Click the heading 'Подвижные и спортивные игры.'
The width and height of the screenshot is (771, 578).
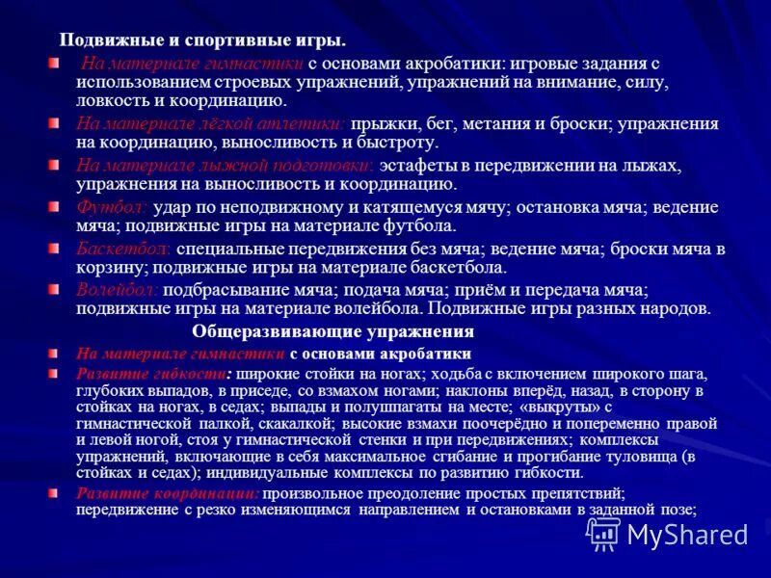click(x=202, y=40)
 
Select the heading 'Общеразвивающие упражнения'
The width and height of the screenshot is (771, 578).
click(x=332, y=331)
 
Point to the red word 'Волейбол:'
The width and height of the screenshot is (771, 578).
click(x=119, y=290)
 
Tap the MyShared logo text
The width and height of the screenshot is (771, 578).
click(x=687, y=534)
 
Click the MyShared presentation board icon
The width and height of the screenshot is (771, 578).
click(x=604, y=532)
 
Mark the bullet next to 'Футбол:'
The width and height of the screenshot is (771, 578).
click(x=54, y=206)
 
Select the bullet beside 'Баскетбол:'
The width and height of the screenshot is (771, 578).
click(x=54, y=248)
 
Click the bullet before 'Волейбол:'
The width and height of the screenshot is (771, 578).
click(x=54, y=289)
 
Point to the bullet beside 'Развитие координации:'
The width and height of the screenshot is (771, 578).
click(x=54, y=492)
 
